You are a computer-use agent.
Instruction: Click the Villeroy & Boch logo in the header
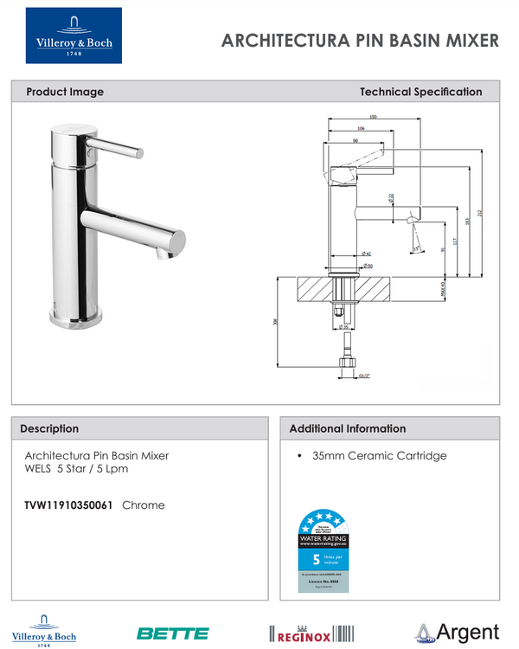(x=74, y=35)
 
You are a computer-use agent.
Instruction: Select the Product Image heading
(x=65, y=92)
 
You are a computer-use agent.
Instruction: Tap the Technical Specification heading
(x=420, y=92)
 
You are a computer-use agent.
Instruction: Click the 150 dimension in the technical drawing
(x=373, y=117)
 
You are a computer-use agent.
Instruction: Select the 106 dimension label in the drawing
(x=360, y=128)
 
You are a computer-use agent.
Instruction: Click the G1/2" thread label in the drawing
(x=363, y=376)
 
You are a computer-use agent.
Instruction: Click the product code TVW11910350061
(x=68, y=504)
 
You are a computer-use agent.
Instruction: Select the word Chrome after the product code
(x=144, y=504)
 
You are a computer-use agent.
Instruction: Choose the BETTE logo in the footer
(x=173, y=633)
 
